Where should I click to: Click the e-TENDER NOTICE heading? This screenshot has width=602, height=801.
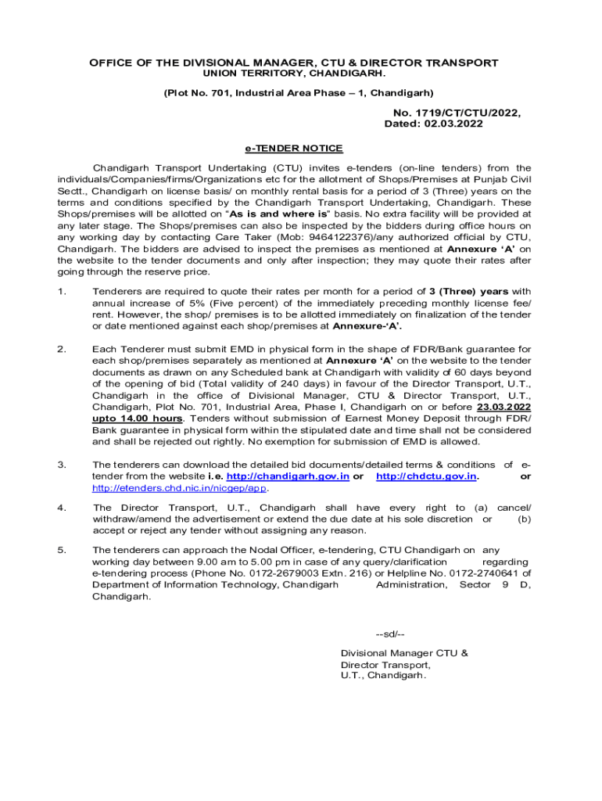tap(294, 149)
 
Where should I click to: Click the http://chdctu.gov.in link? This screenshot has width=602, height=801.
tap(427, 476)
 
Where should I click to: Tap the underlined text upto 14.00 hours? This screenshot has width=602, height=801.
tap(138, 418)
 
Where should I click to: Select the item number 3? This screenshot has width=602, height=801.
tap(62, 465)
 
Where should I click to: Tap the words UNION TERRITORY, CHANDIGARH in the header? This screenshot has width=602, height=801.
tap(294, 73)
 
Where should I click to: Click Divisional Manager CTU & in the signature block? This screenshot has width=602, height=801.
tap(404, 652)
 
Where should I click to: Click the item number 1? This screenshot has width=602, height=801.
tap(62, 292)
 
